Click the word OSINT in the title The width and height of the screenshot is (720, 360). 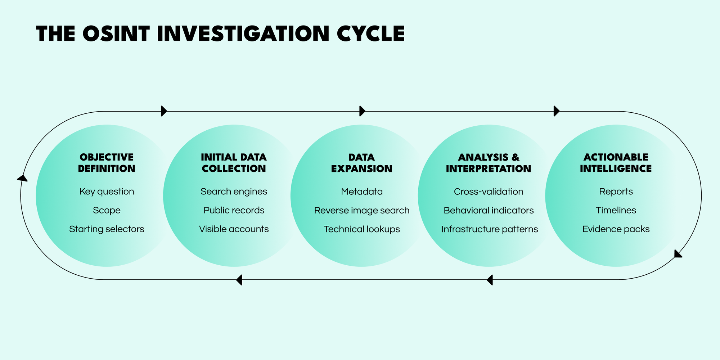(x=116, y=34)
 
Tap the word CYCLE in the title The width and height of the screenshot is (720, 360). (x=371, y=34)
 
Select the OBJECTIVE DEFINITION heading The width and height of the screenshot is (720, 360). (x=107, y=163)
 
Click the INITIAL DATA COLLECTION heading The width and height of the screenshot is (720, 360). (x=234, y=163)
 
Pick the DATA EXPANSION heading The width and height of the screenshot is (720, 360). (x=361, y=163)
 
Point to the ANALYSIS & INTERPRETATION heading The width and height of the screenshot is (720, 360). (x=489, y=163)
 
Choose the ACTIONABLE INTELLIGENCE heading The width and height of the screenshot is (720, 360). (x=616, y=163)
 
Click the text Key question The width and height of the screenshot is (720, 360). (x=107, y=192)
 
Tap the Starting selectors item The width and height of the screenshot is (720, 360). (x=107, y=229)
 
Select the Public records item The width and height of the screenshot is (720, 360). (x=234, y=210)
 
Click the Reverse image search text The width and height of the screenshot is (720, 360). (x=361, y=210)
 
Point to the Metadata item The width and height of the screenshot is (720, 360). (x=361, y=192)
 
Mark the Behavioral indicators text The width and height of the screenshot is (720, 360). (x=489, y=210)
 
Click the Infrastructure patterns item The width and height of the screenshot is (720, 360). (x=489, y=229)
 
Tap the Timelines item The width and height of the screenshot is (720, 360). (x=616, y=210)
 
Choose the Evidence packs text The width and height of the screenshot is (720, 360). (x=616, y=229)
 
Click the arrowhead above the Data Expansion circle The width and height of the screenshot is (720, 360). (x=362, y=111)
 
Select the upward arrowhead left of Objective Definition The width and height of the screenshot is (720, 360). (x=22, y=178)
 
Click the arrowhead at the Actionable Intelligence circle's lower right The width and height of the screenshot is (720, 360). (x=678, y=254)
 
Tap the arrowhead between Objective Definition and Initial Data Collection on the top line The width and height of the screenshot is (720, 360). (x=164, y=111)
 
